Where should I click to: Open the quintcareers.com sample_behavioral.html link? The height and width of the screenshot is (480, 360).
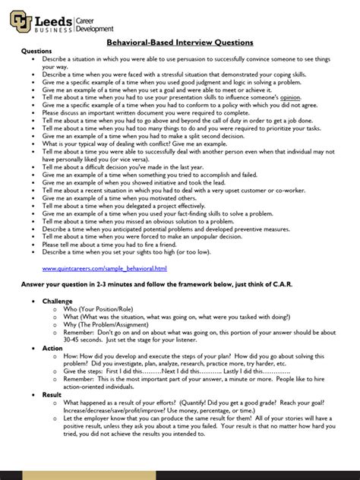pyautogui.click(x=104, y=268)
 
